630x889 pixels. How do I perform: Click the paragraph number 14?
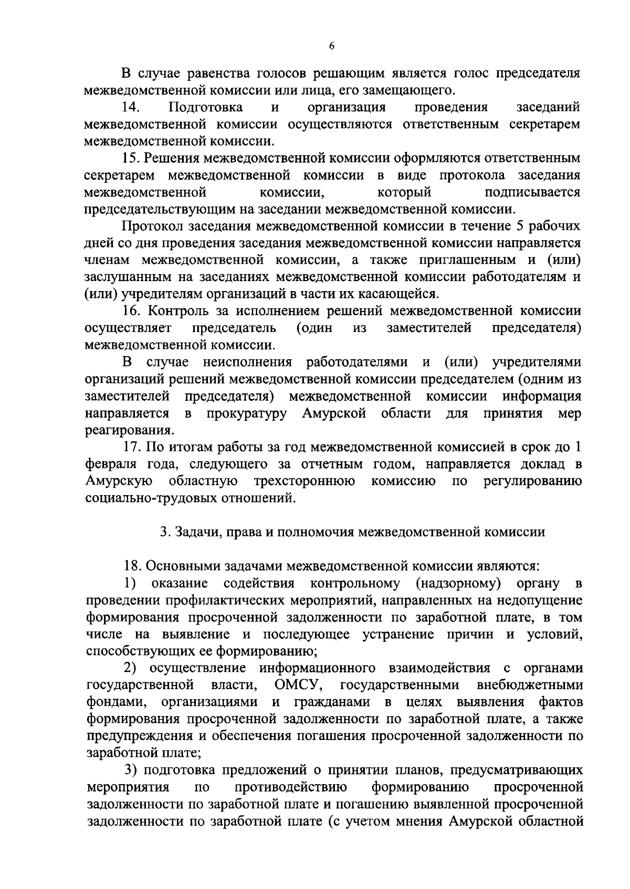click(x=130, y=108)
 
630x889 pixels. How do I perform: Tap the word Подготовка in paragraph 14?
click(x=206, y=108)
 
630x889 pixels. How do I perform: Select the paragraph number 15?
click(x=130, y=158)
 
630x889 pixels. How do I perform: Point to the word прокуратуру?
click(x=246, y=414)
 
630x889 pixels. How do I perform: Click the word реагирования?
click(x=128, y=431)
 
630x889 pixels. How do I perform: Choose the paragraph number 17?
click(x=131, y=447)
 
